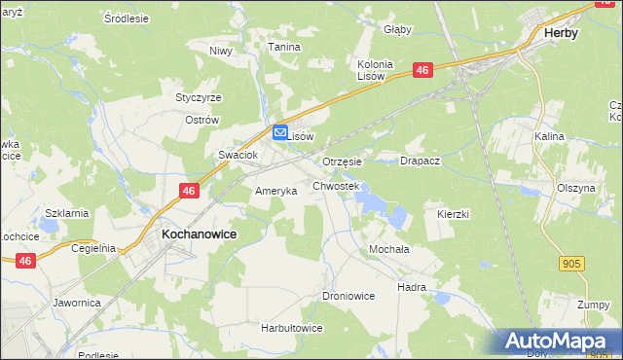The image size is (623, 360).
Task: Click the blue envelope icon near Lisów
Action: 279,133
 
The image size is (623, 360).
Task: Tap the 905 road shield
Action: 573,263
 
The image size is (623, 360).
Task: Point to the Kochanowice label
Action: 199,235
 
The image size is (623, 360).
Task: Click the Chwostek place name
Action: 336,185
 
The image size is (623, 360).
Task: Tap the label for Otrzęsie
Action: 342,162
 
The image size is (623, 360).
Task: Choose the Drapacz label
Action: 421,162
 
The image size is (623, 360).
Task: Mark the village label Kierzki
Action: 454,213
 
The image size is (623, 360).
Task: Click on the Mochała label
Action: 388,249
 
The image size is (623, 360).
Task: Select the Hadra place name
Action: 412,288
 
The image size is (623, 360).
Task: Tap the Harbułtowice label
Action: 291,329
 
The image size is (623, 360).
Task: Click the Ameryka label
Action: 275,192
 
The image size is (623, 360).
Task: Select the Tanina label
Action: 284,46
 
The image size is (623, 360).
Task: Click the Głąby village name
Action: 398,30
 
